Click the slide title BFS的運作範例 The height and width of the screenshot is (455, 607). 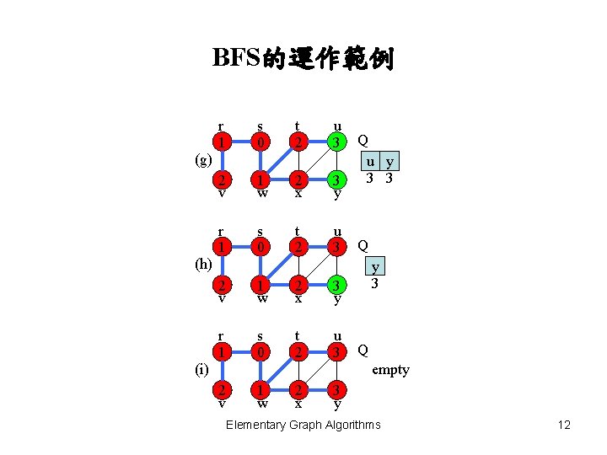[303, 58]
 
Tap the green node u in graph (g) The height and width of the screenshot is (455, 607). [336, 142]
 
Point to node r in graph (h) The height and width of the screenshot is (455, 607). [221, 246]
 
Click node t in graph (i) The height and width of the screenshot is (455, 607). [297, 351]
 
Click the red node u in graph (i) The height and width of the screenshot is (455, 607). [336, 351]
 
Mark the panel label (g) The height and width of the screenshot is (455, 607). [202, 160]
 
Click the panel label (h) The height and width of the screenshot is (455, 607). [203, 265]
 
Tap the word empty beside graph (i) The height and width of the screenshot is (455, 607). [390, 370]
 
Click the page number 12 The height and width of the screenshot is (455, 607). [564, 425]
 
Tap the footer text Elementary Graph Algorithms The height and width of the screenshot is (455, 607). [303, 425]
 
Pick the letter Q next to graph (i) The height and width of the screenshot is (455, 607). [363, 350]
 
